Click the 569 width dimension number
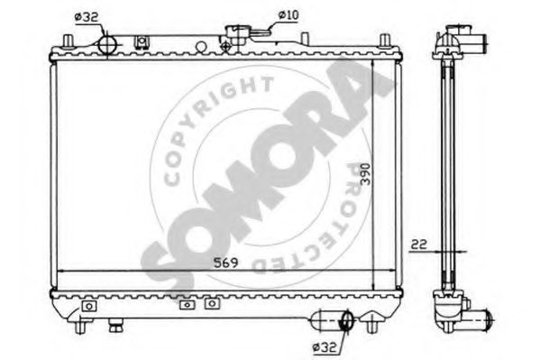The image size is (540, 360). click(225, 263)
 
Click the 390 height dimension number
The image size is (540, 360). click(365, 174)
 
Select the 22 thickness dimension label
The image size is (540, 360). click(418, 245)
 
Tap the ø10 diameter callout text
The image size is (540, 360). click(288, 15)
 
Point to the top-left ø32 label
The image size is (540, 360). click(87, 17)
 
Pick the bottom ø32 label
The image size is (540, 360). click(324, 347)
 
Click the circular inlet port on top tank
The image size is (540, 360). click(108, 45)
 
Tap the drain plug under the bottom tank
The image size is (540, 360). click(115, 326)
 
